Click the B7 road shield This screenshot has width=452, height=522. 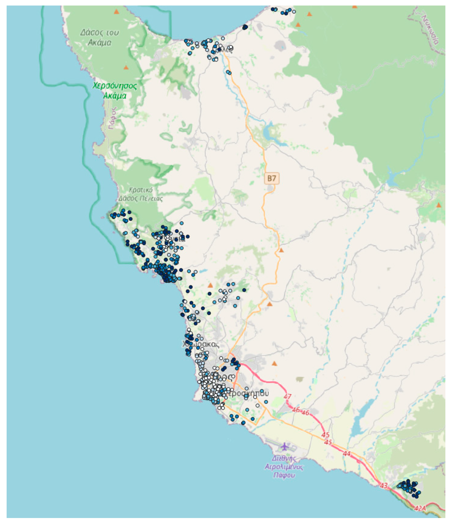[271, 179]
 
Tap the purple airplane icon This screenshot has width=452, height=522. [285, 446]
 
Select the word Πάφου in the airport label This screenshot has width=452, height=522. [284, 475]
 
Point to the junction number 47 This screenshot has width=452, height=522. [287, 396]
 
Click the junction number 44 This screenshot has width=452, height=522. [347, 453]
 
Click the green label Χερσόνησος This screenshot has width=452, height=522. [115, 86]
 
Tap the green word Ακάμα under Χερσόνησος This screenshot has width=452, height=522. [115, 96]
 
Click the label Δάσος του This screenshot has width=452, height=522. [99, 32]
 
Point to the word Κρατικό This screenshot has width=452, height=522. [140, 190]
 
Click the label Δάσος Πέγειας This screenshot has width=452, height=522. [140, 199]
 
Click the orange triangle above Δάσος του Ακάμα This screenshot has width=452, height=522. [116, 12]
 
